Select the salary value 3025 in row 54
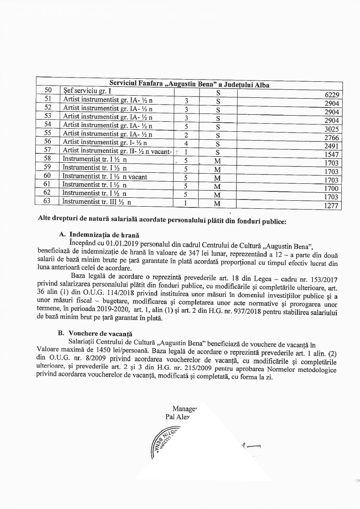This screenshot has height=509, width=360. click(331, 129)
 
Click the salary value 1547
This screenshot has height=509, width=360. click(331, 155)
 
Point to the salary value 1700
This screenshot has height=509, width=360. click(331, 188)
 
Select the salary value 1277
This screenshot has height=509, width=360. click(331, 206)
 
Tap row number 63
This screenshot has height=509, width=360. click(47, 202)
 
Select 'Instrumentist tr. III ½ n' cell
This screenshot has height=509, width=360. click(97, 202)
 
